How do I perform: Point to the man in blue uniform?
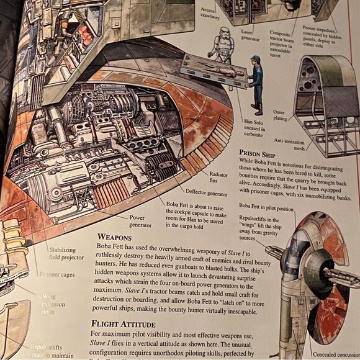click(x=255, y=81)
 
